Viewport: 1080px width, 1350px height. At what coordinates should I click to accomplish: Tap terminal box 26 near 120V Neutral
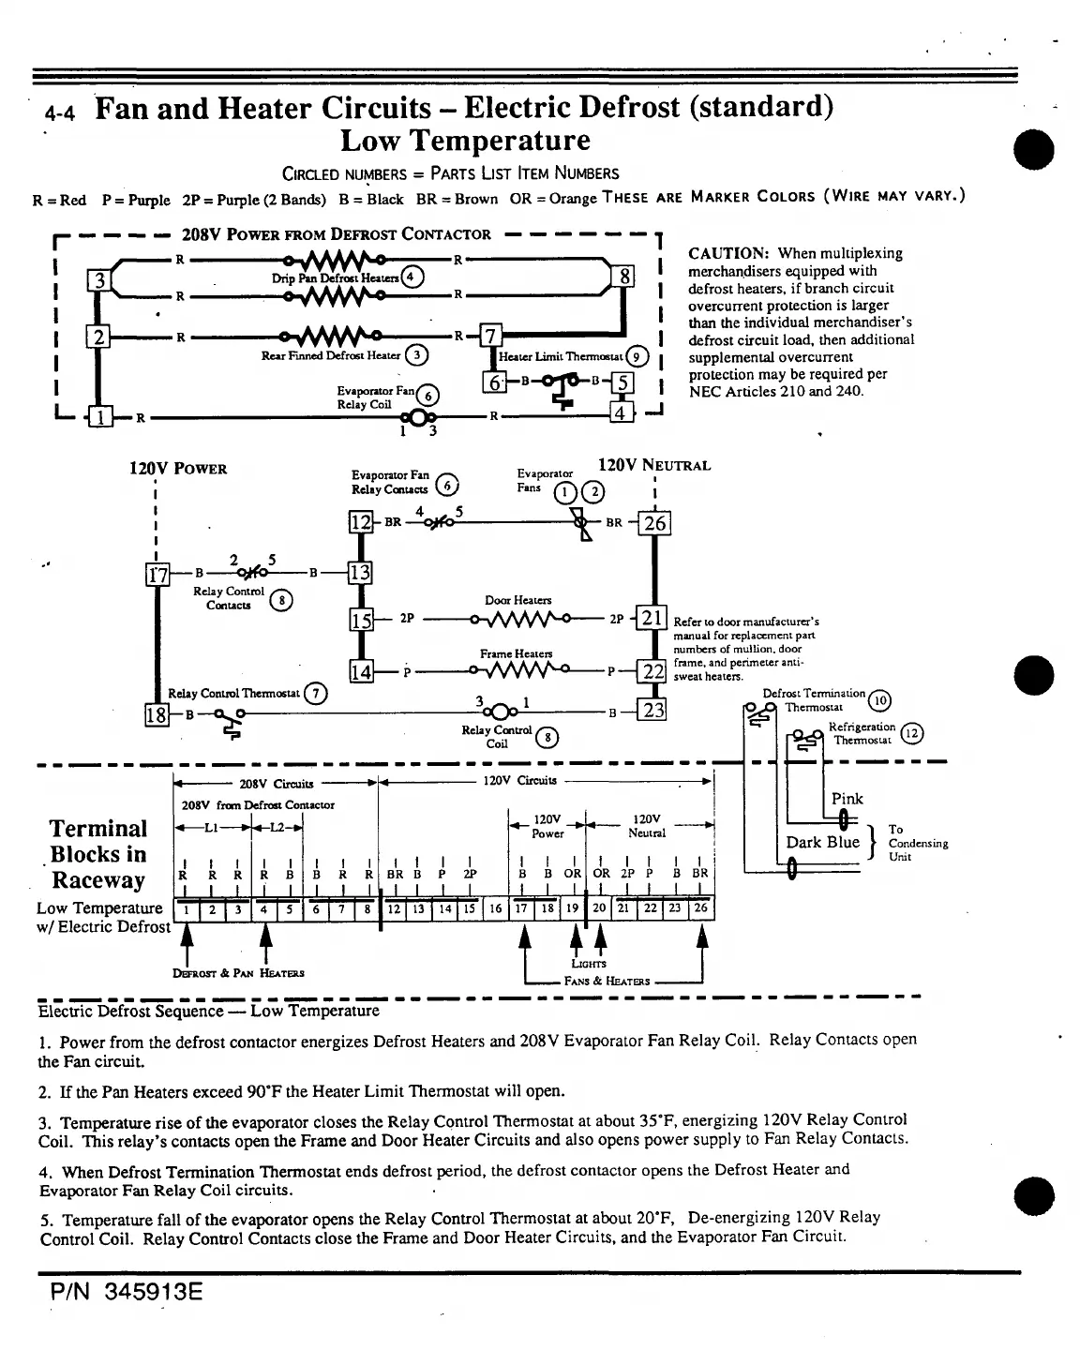pos(654,523)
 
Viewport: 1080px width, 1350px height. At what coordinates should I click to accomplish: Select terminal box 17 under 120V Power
pos(157,574)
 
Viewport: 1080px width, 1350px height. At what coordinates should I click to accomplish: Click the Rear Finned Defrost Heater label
pos(331,355)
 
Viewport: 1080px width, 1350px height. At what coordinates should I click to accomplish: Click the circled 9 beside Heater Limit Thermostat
pos(637,356)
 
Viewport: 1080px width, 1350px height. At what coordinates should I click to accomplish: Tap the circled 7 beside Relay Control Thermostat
pos(318,694)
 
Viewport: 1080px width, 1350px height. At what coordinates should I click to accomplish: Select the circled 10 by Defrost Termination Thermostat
pos(879,700)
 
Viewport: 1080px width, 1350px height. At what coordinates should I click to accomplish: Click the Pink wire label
pos(847,799)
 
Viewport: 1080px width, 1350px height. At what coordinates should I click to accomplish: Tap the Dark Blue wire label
pos(822,842)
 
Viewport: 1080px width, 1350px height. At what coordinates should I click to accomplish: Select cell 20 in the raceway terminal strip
pos(599,908)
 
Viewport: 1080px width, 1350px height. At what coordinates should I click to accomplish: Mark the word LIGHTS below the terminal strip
pos(589,964)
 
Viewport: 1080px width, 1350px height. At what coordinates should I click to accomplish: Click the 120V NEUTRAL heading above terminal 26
pos(654,465)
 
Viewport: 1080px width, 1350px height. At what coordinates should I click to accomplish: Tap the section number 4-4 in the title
pos(61,114)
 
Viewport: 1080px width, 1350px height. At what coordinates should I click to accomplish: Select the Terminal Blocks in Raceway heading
pos(98,854)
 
